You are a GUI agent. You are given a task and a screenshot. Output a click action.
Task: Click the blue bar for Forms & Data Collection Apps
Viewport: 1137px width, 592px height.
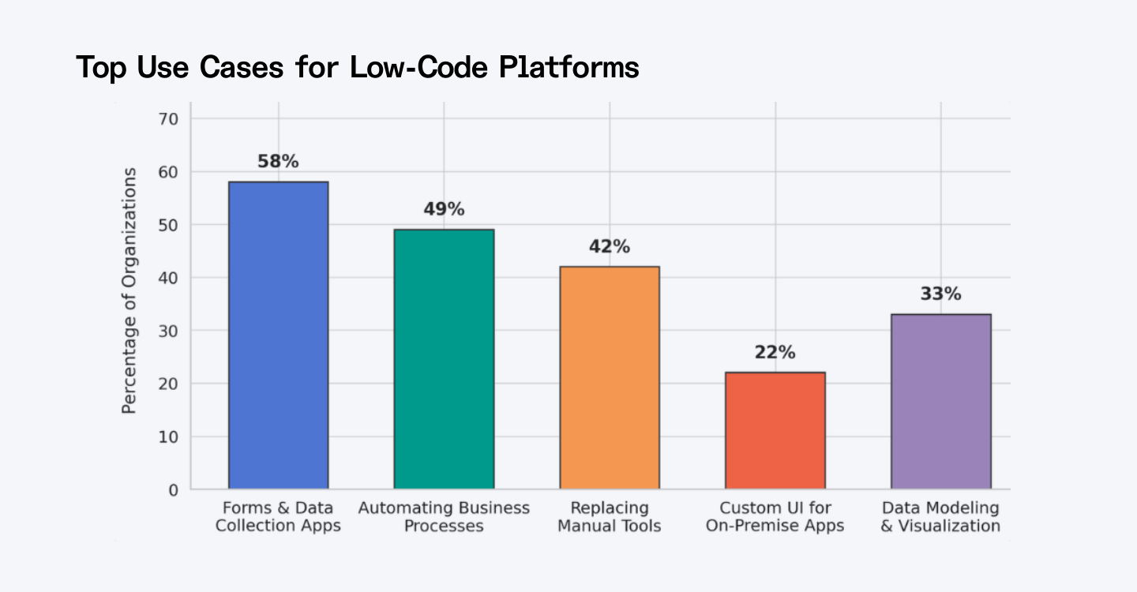coord(278,335)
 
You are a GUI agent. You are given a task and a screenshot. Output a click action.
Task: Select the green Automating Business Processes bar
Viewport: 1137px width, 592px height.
coord(444,359)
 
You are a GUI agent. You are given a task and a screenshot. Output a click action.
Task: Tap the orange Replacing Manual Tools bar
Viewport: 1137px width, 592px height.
coord(609,378)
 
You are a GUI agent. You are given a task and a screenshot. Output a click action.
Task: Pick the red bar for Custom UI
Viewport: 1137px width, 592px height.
coord(775,431)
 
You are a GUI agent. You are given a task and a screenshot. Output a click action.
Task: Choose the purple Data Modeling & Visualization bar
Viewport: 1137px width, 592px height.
coord(940,402)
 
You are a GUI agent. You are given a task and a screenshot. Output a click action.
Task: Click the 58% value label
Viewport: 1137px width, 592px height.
coord(278,162)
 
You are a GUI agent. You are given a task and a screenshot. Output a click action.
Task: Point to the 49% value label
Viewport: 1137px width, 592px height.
coord(444,210)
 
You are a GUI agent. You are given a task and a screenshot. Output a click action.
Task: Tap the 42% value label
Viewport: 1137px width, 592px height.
coord(609,247)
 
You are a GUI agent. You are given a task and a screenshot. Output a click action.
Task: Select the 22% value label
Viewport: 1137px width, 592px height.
coord(775,353)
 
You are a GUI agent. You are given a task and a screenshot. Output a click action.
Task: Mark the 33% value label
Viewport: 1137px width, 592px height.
coord(940,294)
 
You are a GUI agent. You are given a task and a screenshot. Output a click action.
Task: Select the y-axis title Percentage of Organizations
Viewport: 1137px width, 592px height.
coord(129,290)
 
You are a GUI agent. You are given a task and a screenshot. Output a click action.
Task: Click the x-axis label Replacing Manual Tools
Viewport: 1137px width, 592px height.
coord(609,517)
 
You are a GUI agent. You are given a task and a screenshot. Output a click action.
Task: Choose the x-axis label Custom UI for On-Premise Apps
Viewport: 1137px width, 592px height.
coord(775,517)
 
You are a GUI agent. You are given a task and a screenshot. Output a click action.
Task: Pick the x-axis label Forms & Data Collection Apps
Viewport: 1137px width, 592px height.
coord(278,517)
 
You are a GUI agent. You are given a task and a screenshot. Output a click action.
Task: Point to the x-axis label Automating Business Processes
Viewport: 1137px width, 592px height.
coord(444,517)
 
